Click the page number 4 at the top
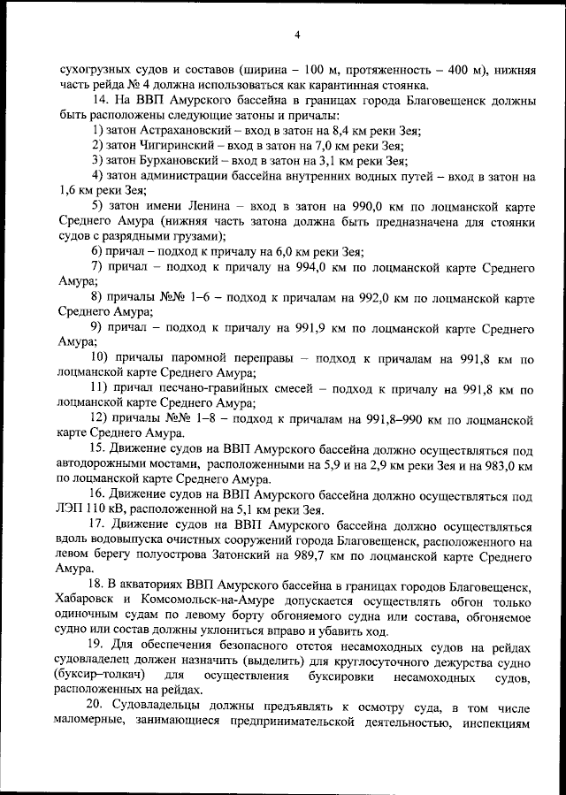click(298, 34)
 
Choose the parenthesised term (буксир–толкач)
click(102, 677)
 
